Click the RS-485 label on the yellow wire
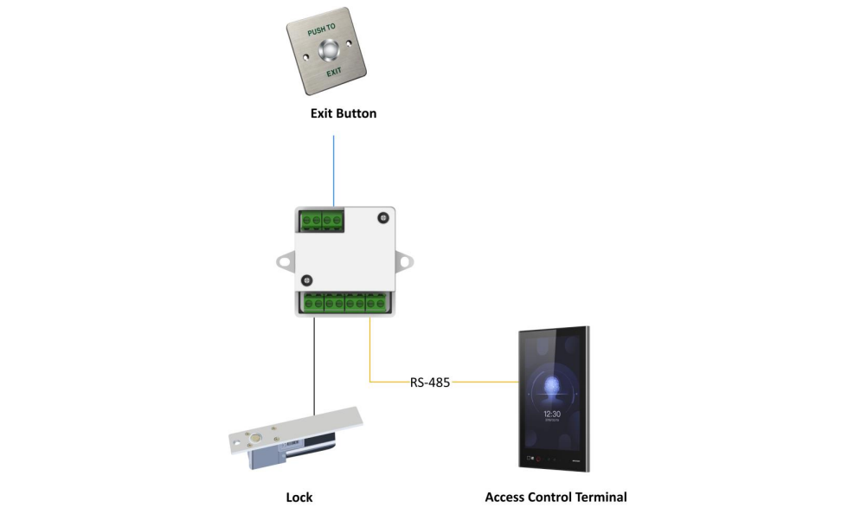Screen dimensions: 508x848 click(x=429, y=382)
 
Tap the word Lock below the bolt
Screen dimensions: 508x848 click(x=299, y=497)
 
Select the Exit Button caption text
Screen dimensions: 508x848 click(x=344, y=113)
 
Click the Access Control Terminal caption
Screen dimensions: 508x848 click(x=556, y=497)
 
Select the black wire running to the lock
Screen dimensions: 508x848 click(x=315, y=363)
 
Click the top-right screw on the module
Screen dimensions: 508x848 click(x=382, y=220)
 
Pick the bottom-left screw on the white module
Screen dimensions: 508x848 click(x=306, y=280)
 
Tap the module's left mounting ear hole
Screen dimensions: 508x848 click(x=284, y=258)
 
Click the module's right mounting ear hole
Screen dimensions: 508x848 click(x=404, y=258)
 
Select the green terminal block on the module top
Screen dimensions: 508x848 click(x=321, y=221)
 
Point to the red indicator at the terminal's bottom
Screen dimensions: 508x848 click(x=536, y=456)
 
